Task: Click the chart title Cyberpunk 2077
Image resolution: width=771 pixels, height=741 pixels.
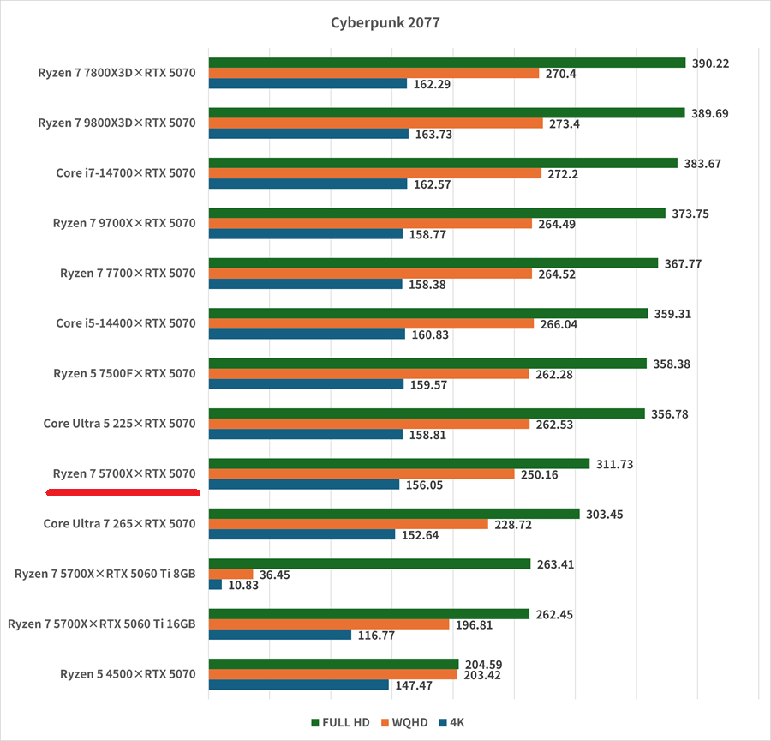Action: click(x=385, y=22)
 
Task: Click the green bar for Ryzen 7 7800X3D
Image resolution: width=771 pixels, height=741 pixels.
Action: click(x=446, y=63)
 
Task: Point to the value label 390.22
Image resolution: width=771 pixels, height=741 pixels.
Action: click(x=710, y=63)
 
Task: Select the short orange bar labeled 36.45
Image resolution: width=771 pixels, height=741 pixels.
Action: click(x=230, y=574)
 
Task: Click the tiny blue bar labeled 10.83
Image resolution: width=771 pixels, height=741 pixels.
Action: click(x=215, y=585)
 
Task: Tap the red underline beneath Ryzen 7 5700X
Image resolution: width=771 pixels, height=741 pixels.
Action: click(x=123, y=492)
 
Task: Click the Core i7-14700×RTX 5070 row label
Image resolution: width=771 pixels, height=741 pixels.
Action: click(x=126, y=173)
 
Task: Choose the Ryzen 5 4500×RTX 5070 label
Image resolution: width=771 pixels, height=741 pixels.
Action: click(x=128, y=674)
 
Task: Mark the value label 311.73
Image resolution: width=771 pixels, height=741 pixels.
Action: click(x=614, y=464)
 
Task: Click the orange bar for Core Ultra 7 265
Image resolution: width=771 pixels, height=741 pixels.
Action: click(x=348, y=524)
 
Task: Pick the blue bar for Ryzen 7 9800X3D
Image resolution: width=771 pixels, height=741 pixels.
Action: click(x=308, y=134)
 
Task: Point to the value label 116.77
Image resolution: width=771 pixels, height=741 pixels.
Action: click(x=375, y=635)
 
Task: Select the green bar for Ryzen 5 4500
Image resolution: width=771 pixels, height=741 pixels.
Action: click(x=333, y=664)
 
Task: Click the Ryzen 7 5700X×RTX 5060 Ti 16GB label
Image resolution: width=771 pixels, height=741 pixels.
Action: click(x=102, y=624)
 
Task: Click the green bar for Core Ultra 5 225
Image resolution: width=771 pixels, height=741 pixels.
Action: click(x=426, y=413)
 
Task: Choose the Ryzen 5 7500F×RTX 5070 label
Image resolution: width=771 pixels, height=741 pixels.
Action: click(x=124, y=373)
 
